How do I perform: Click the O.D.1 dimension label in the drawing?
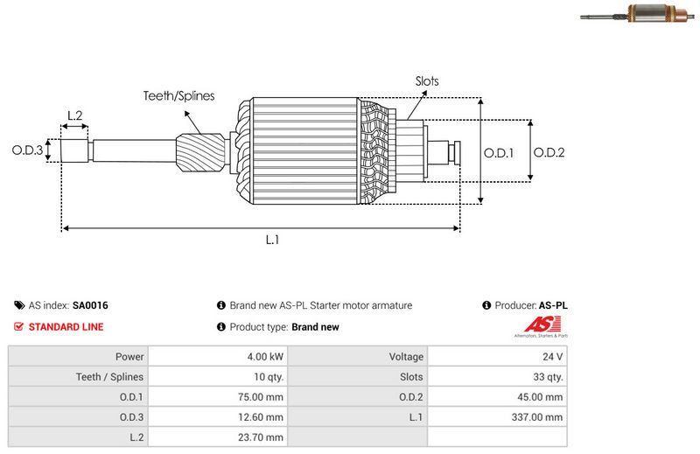coord(499,152)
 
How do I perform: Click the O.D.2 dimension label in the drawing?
coord(549,152)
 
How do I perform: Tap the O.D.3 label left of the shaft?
coord(27,150)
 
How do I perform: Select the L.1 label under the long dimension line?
coord(272,241)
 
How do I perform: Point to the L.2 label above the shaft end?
coord(74,115)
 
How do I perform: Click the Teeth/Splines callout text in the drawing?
coord(179,96)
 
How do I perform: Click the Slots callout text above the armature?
coord(427,81)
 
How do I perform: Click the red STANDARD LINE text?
coord(66,327)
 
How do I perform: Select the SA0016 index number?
coord(90,306)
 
